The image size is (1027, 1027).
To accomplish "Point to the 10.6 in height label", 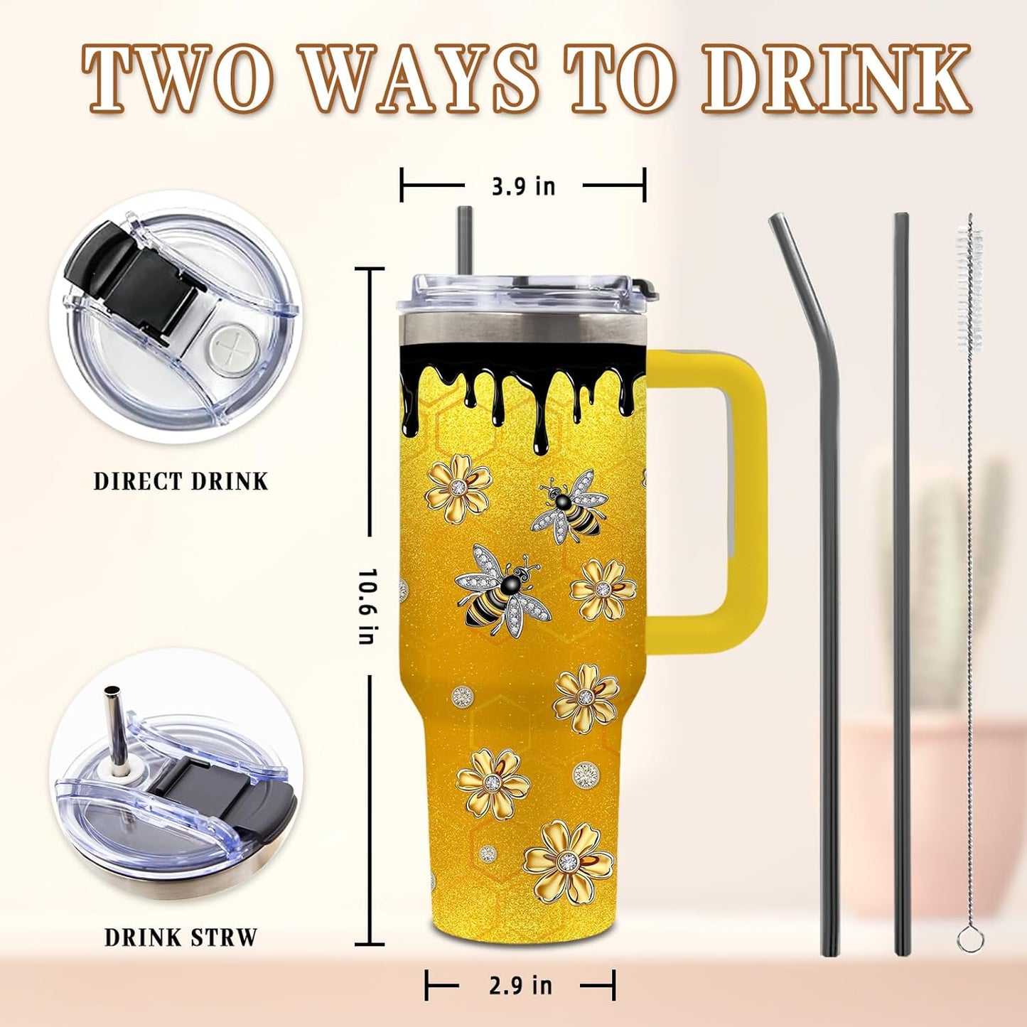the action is point(366,607).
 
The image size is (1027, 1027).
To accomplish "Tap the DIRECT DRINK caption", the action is point(181,481).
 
